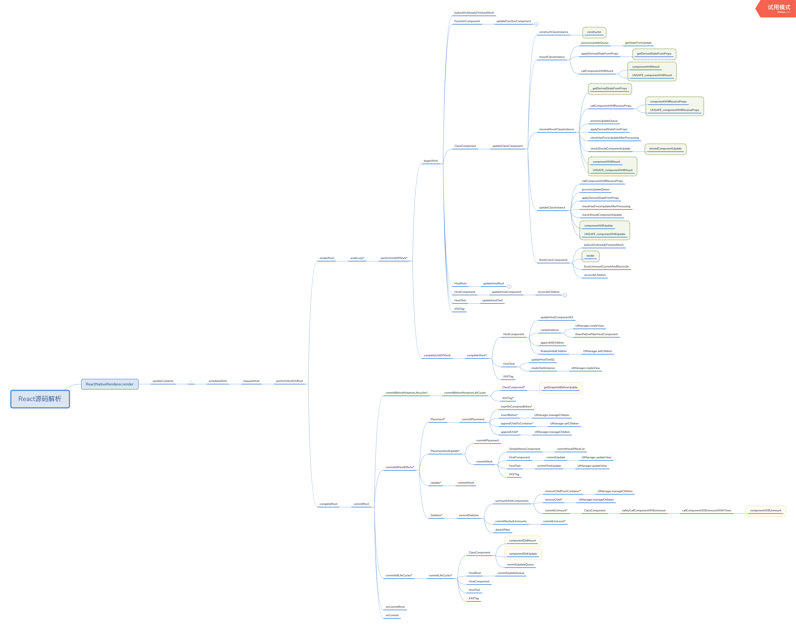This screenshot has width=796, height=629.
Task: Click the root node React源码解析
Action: [x=40, y=399]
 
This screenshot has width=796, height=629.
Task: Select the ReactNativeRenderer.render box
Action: [x=110, y=384]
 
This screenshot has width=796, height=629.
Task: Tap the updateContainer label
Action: [x=163, y=381]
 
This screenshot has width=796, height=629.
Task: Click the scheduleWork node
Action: [x=217, y=381]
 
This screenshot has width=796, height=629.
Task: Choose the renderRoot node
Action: [x=326, y=258]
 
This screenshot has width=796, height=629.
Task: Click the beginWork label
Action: [x=431, y=161]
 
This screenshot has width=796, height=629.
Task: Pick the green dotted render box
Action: [x=590, y=256]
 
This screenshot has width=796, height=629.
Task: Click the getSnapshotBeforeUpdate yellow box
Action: [x=560, y=387]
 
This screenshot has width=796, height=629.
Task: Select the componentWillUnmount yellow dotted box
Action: [x=765, y=511]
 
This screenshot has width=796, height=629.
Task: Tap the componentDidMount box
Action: [x=522, y=541]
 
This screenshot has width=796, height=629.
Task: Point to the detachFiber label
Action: [x=502, y=530]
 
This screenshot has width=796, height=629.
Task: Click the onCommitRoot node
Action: [x=395, y=607]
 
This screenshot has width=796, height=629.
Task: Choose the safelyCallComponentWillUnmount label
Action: [x=644, y=511]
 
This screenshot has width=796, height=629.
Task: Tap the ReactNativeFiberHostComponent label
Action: [x=596, y=334]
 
